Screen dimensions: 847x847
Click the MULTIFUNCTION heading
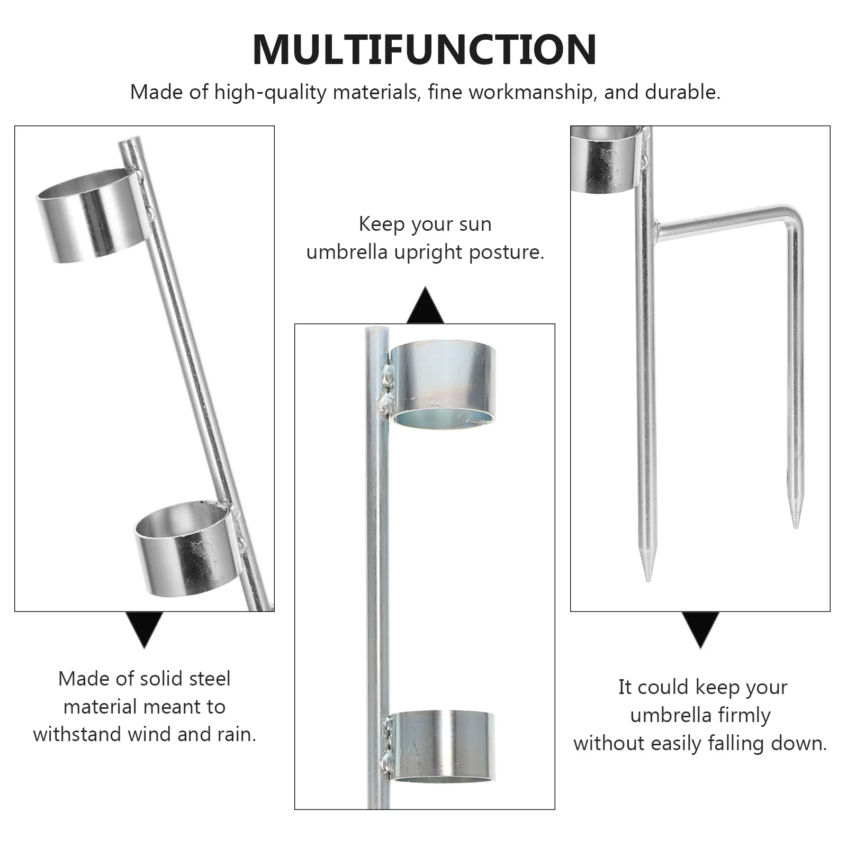[425, 49]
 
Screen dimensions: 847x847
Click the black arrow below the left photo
[144, 629]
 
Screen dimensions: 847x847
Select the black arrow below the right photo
[700, 629]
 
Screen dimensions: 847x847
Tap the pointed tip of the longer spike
[648, 577]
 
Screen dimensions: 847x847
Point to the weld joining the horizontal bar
[656, 230]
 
